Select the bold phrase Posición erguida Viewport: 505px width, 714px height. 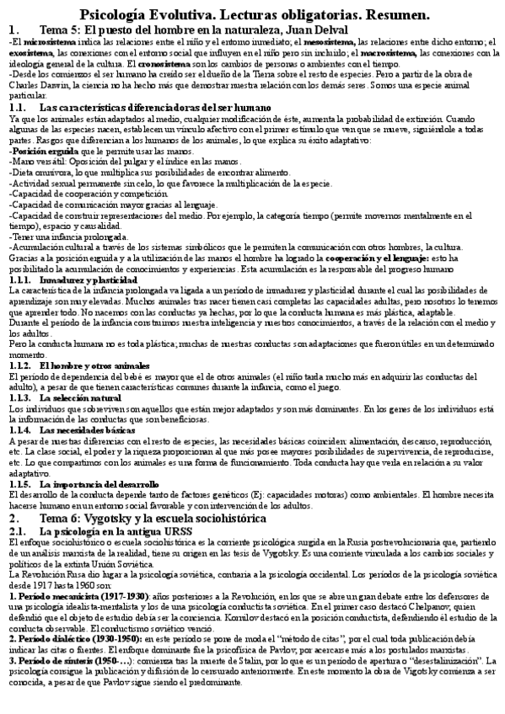click(36, 151)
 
